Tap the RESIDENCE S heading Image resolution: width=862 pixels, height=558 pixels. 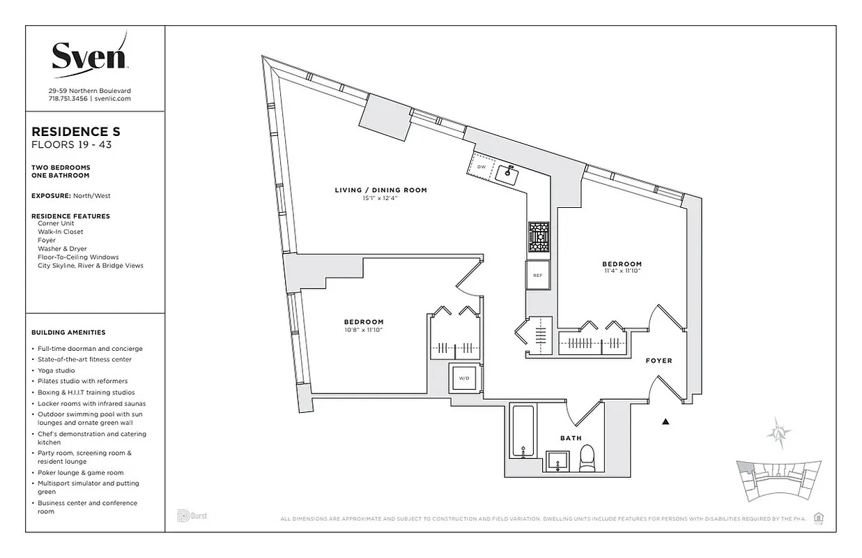[x=76, y=131]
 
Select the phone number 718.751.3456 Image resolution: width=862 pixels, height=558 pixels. [x=68, y=99]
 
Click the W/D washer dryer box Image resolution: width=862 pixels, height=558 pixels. [x=463, y=379]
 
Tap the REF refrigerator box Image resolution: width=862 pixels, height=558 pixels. [x=537, y=275]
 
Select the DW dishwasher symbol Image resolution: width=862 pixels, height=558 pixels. [x=481, y=167]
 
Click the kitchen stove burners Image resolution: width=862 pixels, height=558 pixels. [x=539, y=237]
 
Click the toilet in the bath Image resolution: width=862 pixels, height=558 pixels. [x=587, y=458]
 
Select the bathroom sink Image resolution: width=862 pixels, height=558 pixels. [x=556, y=461]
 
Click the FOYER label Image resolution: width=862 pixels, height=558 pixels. [x=659, y=361]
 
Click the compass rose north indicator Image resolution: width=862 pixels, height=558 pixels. [x=778, y=433]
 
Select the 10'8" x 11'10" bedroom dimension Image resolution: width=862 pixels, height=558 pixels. [x=363, y=330]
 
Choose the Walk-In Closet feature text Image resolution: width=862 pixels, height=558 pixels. [x=61, y=232]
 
